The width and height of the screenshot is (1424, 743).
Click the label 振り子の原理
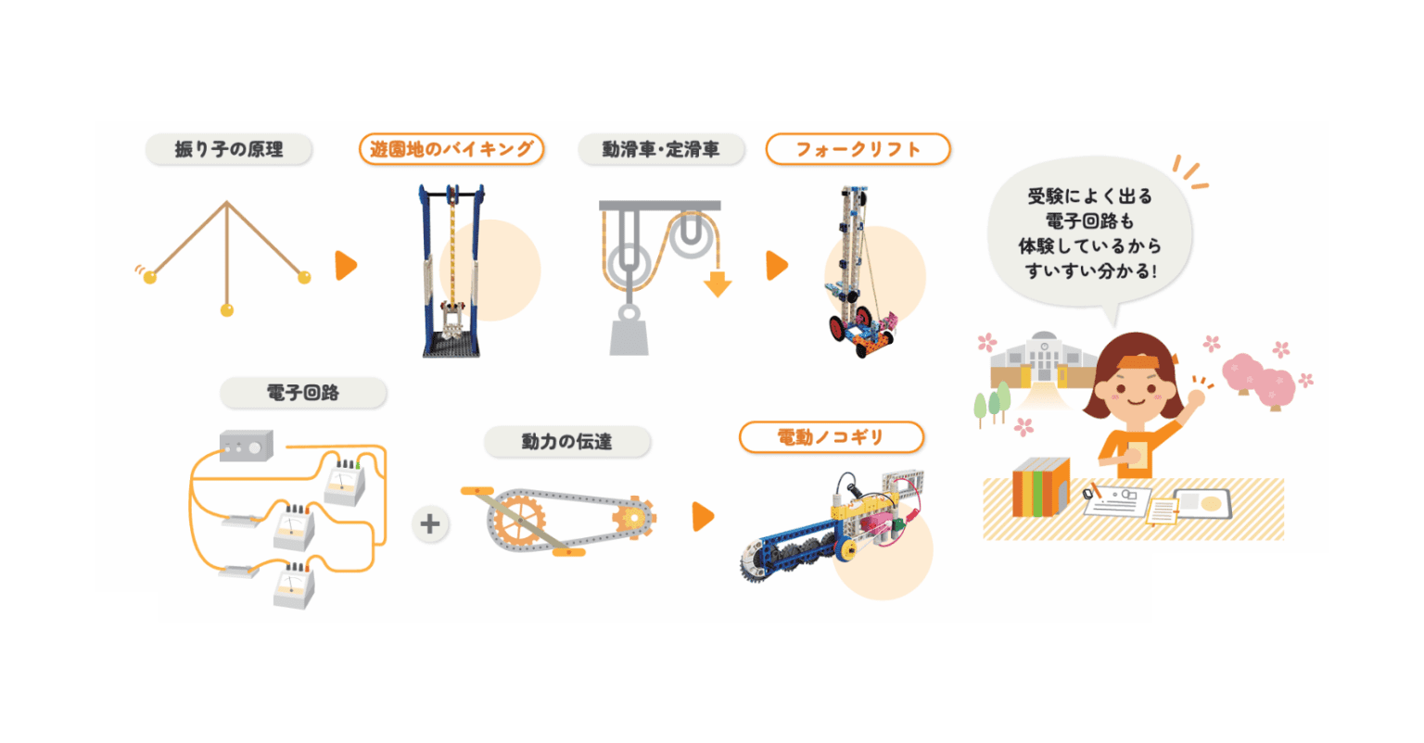point(229,149)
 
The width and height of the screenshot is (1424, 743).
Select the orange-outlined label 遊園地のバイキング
point(451,149)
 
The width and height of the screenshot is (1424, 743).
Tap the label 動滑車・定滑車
point(661,149)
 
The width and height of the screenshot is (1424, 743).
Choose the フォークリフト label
point(858,149)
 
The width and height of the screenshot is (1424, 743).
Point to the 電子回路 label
point(303,393)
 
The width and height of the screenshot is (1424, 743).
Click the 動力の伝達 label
point(566,442)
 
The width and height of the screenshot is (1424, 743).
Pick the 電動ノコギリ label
point(831,437)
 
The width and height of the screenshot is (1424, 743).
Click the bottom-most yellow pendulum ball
point(227,310)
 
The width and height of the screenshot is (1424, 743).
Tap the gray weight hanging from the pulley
point(629,332)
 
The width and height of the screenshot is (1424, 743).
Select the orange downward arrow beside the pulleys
point(717,282)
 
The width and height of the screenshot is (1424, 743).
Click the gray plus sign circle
point(429,523)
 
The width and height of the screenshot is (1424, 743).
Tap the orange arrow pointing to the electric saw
point(703,517)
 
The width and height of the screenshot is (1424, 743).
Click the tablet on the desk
point(1202,503)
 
